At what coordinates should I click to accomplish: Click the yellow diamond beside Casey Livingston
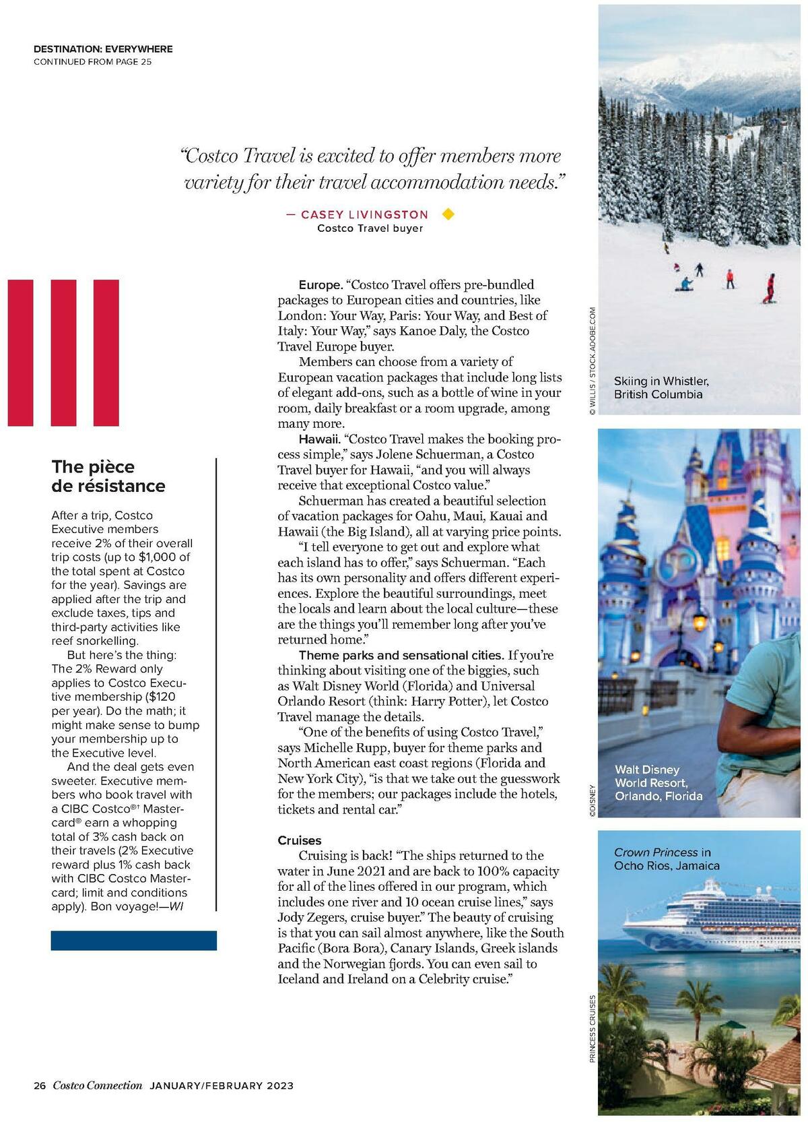(x=448, y=214)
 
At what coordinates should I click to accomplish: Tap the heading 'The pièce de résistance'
(x=108, y=476)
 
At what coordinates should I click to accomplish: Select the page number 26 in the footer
(x=39, y=1085)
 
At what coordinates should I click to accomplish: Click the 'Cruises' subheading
(x=300, y=840)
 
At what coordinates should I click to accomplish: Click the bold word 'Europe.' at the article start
(x=320, y=285)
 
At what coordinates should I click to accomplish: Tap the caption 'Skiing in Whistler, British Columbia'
(x=661, y=387)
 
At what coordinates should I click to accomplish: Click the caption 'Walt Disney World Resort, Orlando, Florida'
(x=658, y=782)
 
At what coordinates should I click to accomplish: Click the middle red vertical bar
(x=63, y=352)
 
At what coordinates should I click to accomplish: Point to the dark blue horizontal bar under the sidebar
(x=133, y=940)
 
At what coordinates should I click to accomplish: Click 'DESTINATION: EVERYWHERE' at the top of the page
(x=103, y=49)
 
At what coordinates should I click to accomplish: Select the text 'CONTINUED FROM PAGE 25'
(x=92, y=62)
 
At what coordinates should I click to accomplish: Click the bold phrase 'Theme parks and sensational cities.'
(x=401, y=655)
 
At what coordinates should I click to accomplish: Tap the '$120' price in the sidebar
(x=162, y=697)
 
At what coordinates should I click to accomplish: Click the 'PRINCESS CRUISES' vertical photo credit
(x=593, y=1028)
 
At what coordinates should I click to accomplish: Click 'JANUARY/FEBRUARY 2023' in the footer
(x=221, y=1085)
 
